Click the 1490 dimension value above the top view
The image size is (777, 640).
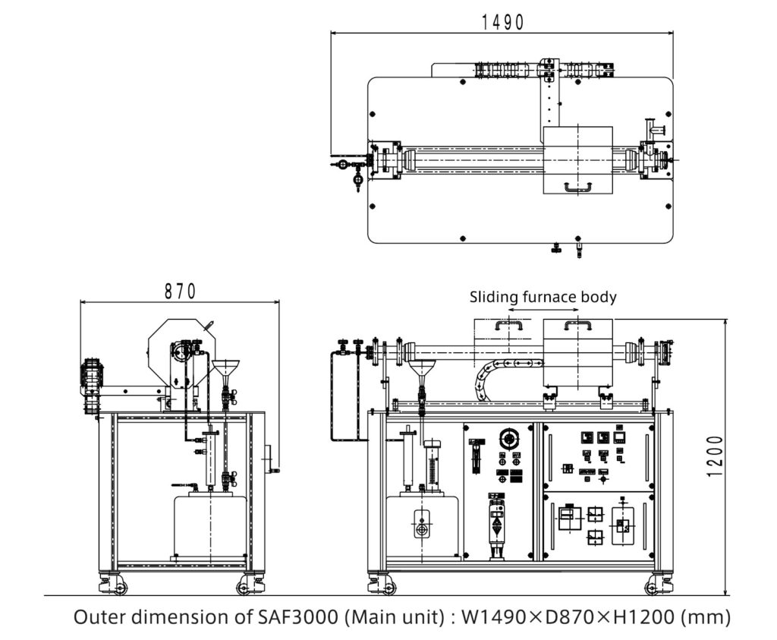click(x=502, y=22)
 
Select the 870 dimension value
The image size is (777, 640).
click(x=181, y=291)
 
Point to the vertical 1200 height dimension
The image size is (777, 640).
click(x=714, y=456)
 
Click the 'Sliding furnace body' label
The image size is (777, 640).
click(x=543, y=297)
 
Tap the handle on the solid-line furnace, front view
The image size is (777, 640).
click(x=577, y=326)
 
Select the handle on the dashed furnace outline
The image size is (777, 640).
click(x=508, y=326)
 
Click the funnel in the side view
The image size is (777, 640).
click(x=225, y=369)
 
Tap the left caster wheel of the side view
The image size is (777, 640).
click(x=113, y=585)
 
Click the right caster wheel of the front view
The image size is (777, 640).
click(x=657, y=585)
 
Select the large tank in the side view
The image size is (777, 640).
click(x=209, y=526)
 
